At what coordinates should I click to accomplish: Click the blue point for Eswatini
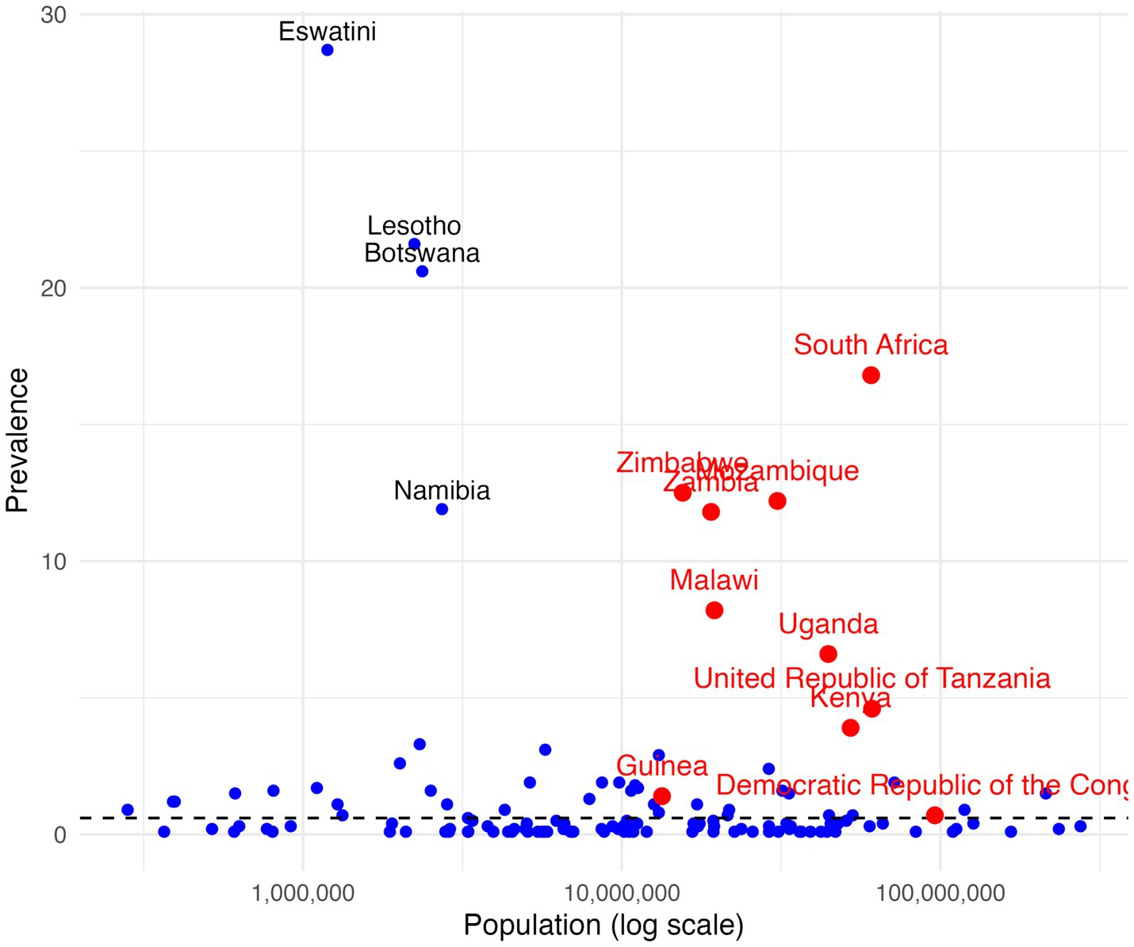pos(328,50)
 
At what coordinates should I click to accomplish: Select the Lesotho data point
pos(414,243)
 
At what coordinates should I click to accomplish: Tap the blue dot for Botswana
pos(422,271)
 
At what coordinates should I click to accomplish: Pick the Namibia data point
pos(442,509)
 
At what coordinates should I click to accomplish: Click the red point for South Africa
pos(871,375)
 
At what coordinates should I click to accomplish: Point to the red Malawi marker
pos(714,610)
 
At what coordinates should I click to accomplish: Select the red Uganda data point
pos(828,654)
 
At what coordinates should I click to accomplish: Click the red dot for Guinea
pos(662,796)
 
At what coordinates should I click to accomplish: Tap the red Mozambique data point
pos(777,501)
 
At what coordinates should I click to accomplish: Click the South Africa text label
pos(871,345)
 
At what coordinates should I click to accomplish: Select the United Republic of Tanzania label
pos(872,679)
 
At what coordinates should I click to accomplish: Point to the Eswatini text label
pos(328,32)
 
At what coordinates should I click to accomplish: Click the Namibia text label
pos(442,491)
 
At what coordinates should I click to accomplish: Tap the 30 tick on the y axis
pos(53,15)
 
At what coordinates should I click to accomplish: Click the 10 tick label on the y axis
pos(53,562)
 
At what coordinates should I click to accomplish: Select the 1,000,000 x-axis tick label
pos(303,894)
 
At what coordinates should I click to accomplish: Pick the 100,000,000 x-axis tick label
pos(941,894)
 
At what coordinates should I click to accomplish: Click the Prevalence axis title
pos(17,440)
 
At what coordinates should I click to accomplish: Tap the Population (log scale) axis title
pos(603,926)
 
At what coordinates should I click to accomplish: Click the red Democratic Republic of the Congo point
pos(935,815)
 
